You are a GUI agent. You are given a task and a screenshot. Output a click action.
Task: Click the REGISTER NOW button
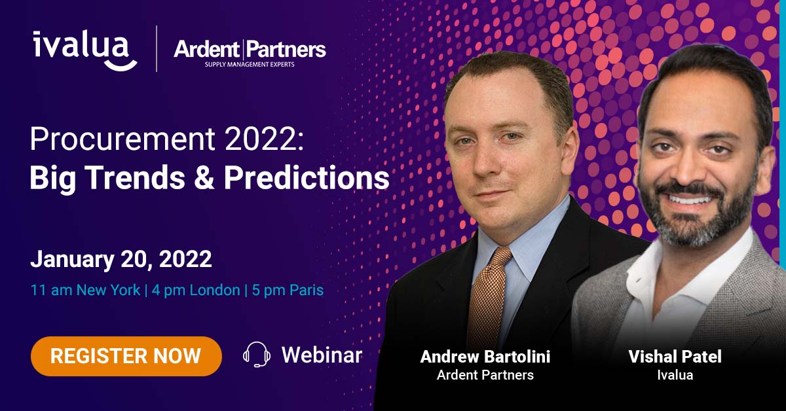click(126, 356)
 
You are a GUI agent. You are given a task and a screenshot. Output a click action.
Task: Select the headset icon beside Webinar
click(256, 355)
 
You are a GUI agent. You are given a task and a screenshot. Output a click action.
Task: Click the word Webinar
click(322, 355)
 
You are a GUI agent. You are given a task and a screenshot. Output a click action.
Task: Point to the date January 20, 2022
click(121, 260)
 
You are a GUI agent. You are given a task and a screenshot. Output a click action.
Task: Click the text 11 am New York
click(85, 289)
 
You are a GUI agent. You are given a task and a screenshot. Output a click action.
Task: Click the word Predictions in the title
click(307, 179)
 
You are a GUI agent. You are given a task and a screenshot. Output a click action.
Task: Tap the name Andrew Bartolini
click(485, 357)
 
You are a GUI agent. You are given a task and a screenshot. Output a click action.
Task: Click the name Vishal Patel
click(674, 357)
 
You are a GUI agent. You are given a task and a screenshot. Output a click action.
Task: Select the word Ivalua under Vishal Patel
click(674, 376)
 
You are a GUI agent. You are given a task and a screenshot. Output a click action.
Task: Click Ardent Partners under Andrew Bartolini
click(485, 376)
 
